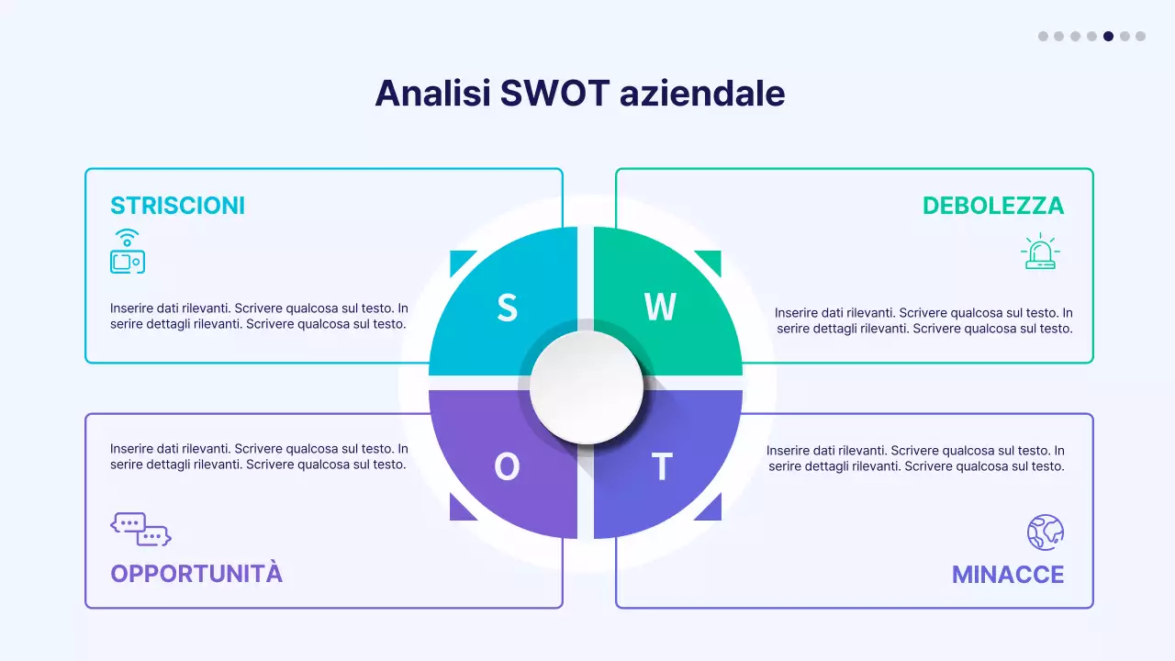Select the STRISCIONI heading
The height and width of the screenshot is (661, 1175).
pyautogui.click(x=178, y=206)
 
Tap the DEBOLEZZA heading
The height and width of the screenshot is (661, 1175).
pyautogui.click(x=993, y=206)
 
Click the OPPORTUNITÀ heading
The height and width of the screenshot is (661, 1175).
pyautogui.click(x=196, y=574)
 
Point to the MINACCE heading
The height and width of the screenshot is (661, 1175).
pyautogui.click(x=1008, y=575)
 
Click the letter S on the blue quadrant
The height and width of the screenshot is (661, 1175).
pyautogui.click(x=507, y=308)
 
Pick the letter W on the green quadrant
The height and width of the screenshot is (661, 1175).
pyautogui.click(x=660, y=308)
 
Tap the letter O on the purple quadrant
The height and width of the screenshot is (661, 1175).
pyautogui.click(x=507, y=467)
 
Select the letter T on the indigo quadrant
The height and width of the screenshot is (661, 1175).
pyautogui.click(x=662, y=467)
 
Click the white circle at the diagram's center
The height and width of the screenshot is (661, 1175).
pyautogui.click(x=587, y=387)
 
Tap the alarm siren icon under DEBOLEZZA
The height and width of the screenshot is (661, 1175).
pyautogui.click(x=1039, y=252)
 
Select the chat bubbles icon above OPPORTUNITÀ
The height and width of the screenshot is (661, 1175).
pyautogui.click(x=140, y=529)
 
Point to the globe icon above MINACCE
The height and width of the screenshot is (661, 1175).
pyautogui.click(x=1045, y=532)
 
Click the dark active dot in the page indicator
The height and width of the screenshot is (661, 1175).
pyautogui.click(x=1108, y=37)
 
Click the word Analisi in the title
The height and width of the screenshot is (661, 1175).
pyautogui.click(x=432, y=94)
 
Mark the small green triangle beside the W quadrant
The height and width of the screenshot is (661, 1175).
pyautogui.click(x=712, y=259)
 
